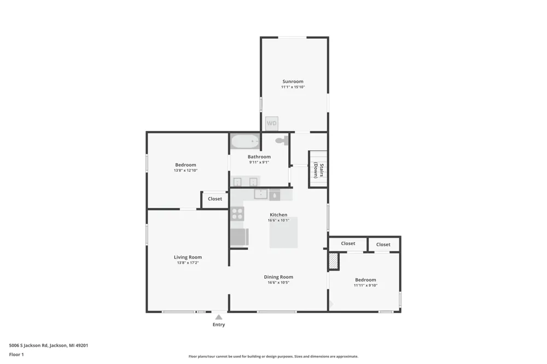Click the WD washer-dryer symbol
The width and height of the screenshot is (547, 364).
coord(272,124)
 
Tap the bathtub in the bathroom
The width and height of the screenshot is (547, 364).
coord(245,142)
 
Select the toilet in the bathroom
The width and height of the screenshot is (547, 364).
coord(282,140)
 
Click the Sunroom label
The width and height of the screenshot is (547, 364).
coord(293,81)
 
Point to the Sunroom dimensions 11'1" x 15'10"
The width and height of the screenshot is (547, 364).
coord(293,87)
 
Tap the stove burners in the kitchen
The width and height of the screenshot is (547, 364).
coord(237,214)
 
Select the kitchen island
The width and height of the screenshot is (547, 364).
coord(283,233)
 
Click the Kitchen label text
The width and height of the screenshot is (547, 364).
coord(278,215)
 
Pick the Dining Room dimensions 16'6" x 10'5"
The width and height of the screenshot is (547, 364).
coord(278,283)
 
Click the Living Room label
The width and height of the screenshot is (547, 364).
coord(188,257)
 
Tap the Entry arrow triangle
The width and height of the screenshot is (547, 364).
coord(219,317)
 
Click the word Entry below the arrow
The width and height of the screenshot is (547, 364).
coord(219,325)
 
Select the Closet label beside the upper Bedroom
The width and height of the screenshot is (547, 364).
coord(215,199)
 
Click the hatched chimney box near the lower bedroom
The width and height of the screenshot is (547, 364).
coord(334,261)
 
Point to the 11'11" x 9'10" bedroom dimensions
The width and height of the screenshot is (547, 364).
coord(365,285)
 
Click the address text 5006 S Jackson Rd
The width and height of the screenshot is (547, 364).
coord(28,345)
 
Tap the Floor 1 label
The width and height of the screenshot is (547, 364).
coord(16,355)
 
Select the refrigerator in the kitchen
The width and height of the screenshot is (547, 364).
coord(240,237)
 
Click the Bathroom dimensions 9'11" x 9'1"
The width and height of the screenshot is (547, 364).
coord(259,162)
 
